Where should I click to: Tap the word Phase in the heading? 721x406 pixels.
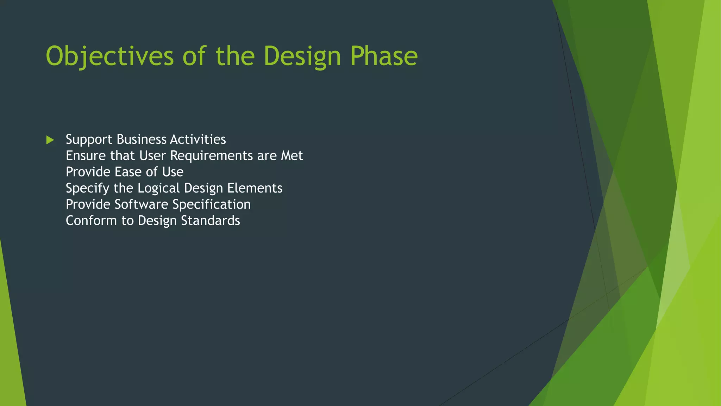(384, 56)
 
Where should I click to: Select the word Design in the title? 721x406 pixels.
(302, 56)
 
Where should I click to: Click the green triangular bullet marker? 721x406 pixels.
(50, 140)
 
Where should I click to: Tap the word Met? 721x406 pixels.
(291, 156)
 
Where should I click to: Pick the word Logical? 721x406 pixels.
(158, 188)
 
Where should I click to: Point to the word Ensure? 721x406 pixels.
(86, 156)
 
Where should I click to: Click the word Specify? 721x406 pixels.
(87, 188)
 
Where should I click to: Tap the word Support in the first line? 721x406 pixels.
(89, 140)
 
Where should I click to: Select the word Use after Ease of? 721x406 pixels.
(173, 172)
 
